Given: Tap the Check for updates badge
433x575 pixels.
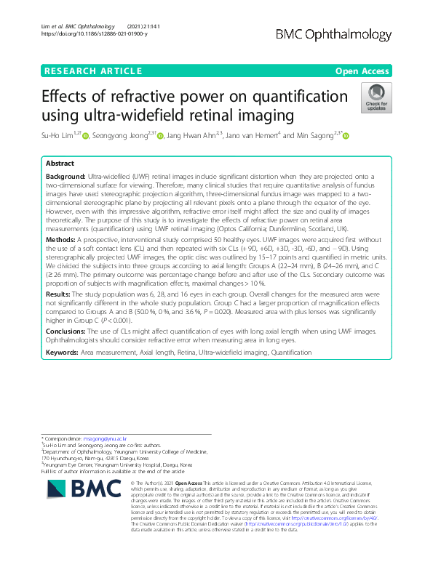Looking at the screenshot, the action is coord(376,99).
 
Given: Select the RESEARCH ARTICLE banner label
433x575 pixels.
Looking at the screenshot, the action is coord(93,71).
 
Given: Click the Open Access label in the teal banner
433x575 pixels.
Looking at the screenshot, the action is coord(361,71).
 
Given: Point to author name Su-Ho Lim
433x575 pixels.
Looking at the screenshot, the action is coord(60,136).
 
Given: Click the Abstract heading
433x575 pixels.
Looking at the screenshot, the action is coord(60,164).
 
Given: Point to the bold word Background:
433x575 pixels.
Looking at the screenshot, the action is coord(65,177).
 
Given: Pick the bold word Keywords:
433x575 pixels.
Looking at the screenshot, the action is coord(63,352).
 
